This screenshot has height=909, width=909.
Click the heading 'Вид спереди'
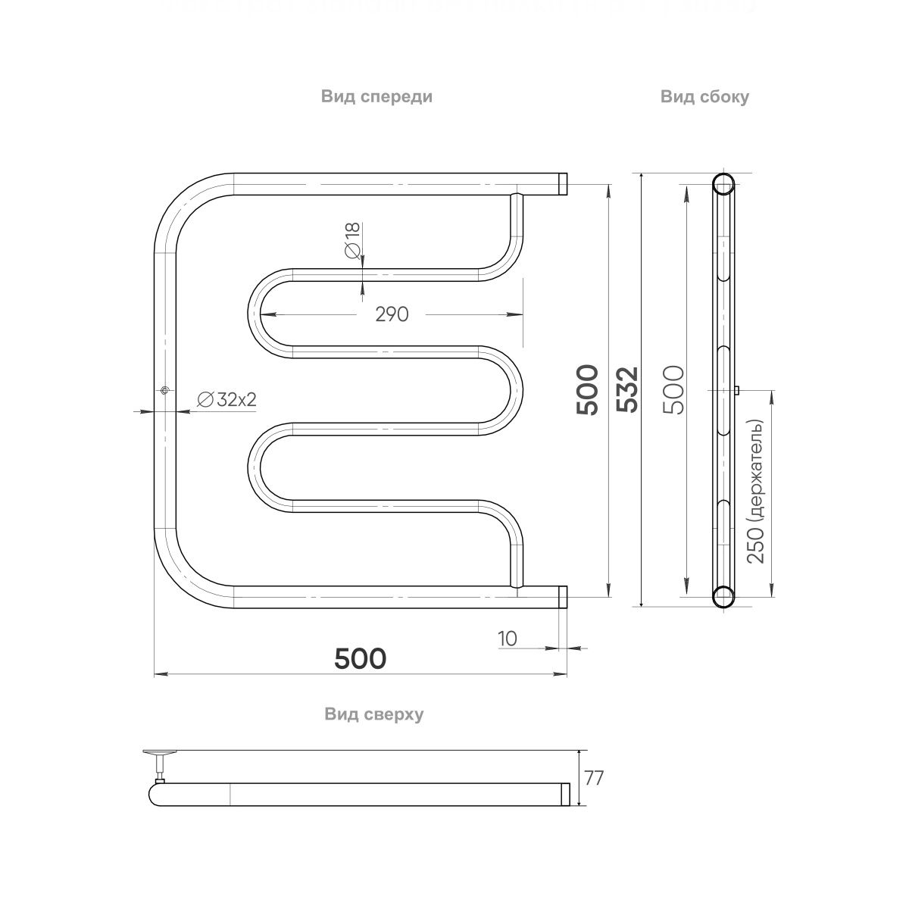376,97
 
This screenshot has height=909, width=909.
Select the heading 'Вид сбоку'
704,97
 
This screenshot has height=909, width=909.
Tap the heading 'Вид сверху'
373,714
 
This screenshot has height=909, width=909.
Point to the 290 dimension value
392,314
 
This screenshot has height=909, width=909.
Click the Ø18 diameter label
352,242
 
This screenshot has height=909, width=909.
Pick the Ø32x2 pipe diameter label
226,401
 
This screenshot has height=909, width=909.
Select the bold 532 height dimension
627,389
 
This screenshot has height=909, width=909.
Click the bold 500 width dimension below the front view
361,658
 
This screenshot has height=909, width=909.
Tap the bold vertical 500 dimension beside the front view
588,389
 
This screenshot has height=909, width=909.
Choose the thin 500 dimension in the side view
673,389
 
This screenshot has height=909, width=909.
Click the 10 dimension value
508,639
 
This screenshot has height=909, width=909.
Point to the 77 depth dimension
594,778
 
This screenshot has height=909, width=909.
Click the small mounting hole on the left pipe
164,390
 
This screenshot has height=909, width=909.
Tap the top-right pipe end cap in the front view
564,183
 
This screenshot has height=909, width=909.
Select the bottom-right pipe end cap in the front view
564,597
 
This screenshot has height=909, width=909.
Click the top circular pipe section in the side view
723,184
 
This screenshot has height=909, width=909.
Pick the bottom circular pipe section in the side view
723,597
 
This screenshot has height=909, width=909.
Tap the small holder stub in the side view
736,390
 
